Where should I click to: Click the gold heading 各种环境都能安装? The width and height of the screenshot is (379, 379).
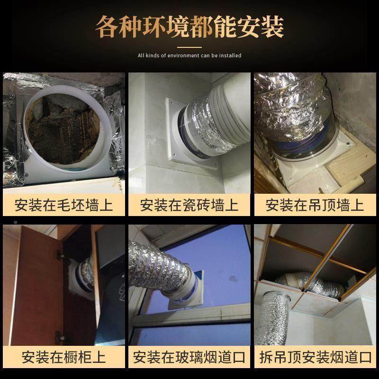pos(189,27)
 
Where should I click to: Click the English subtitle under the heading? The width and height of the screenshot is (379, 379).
pos(189,55)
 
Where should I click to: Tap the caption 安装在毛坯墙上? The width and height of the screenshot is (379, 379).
pos(63,205)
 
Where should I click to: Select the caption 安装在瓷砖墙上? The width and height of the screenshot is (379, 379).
pos(189,205)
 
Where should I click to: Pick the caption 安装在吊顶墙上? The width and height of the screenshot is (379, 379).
pos(315,205)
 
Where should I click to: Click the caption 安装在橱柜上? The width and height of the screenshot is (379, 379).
pos(63,356)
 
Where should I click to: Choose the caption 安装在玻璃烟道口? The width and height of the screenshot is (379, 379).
pos(189,356)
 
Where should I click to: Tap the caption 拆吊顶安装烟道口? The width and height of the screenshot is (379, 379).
pos(315,356)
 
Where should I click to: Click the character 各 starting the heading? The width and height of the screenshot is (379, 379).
pos(107,27)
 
